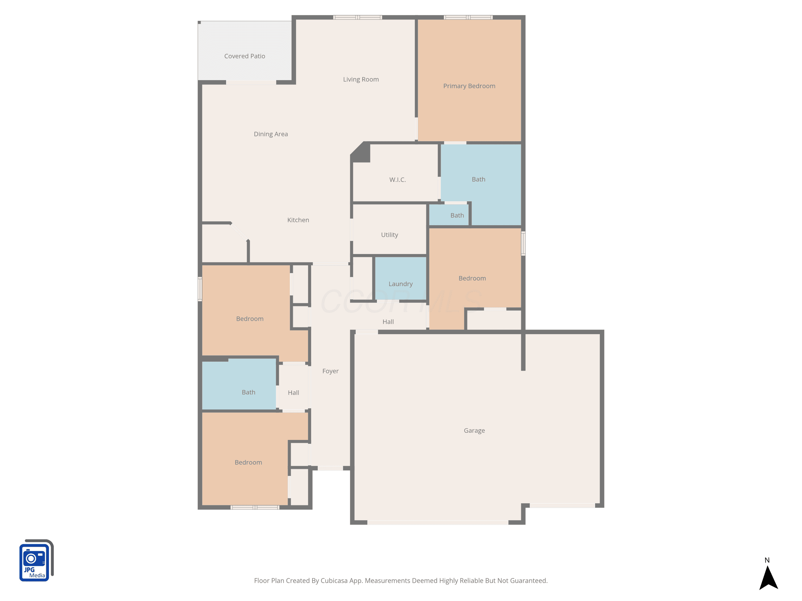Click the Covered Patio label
pos(244,56)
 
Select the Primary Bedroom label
pos(469,86)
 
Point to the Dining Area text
pos(271,134)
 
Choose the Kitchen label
pos(298,220)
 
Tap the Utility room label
pos(390,235)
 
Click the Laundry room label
pos(401,284)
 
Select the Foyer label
pos(330,371)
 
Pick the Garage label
pos(474,430)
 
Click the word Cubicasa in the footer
pos(334,581)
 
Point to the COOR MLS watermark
pos(401,301)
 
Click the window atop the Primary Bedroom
pos(468,17)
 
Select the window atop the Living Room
pos(357,17)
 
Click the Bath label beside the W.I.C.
pos(478,179)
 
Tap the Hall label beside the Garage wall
pos(388,322)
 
